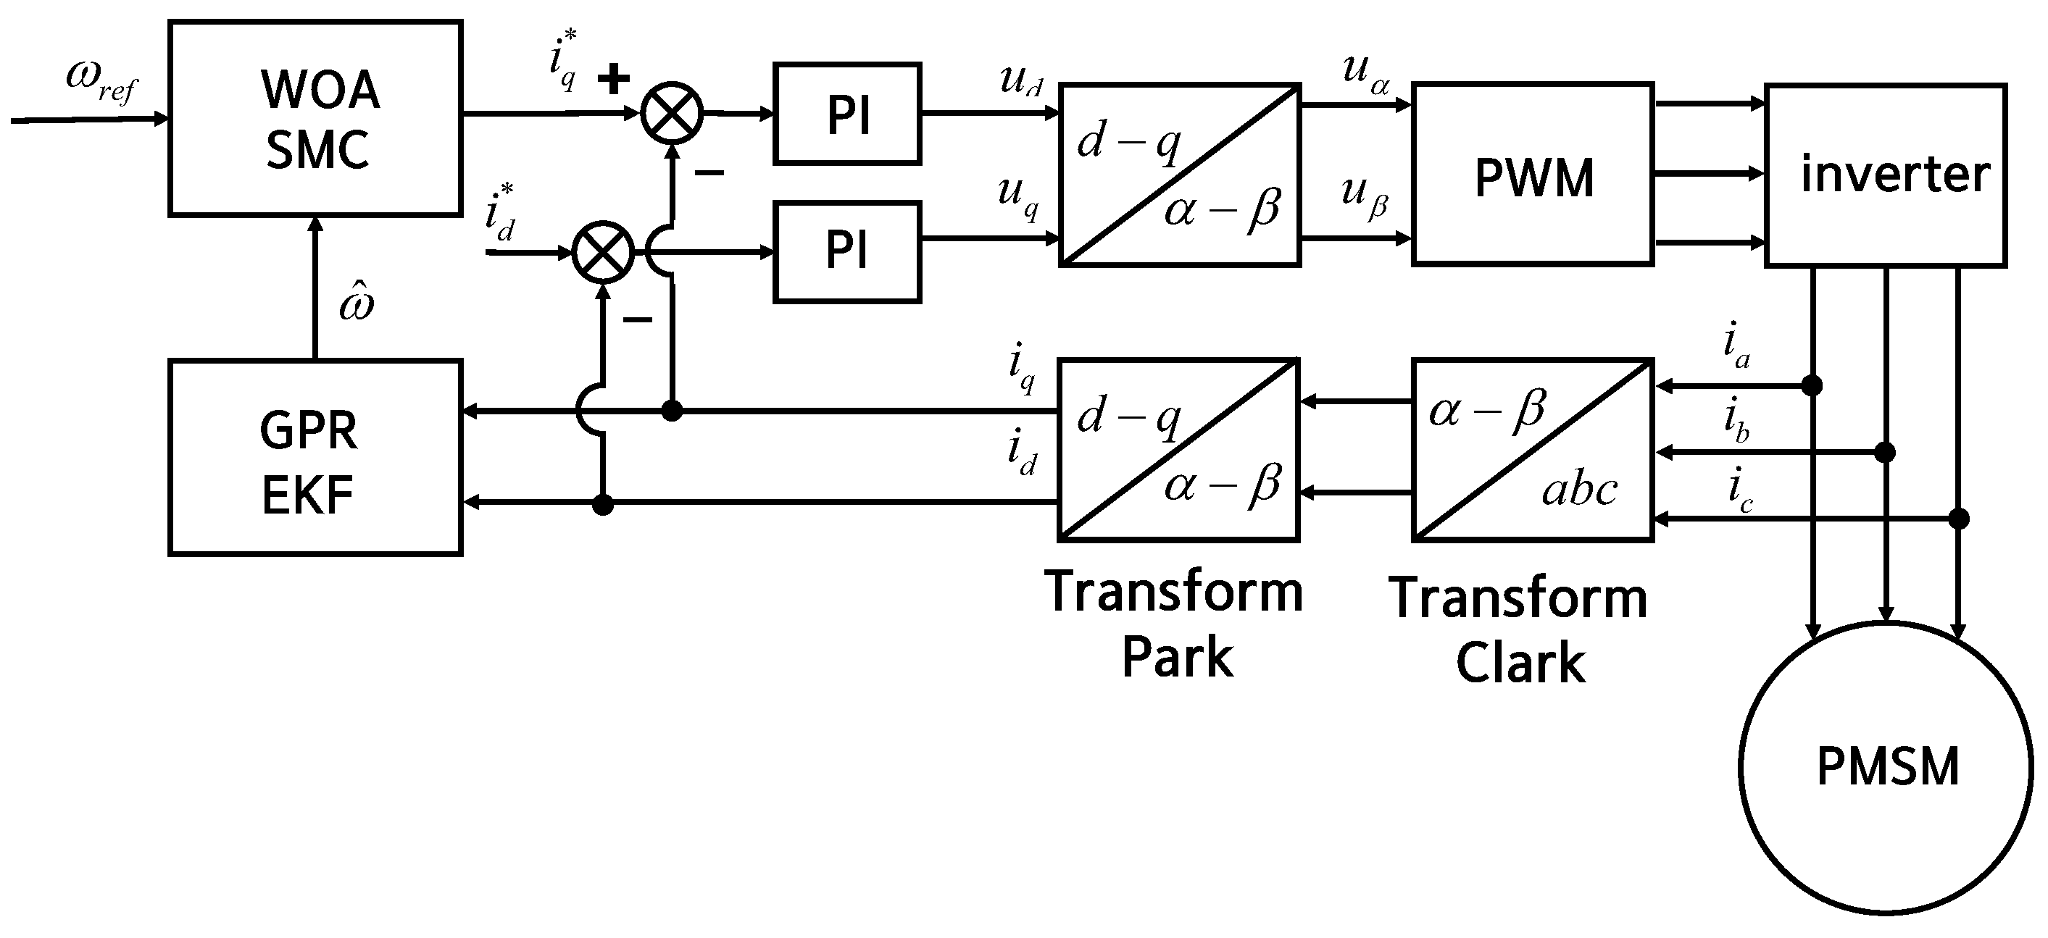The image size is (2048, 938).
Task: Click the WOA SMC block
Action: click(x=316, y=117)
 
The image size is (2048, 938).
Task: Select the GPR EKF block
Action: click(x=316, y=457)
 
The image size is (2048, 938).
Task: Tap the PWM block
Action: click(x=1533, y=174)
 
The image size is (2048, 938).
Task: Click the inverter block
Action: click(x=1886, y=175)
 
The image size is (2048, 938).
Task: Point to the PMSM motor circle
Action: click(x=1886, y=767)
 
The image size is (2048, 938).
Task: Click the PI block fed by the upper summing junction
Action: click(x=847, y=114)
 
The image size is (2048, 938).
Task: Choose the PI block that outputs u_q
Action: click(x=847, y=252)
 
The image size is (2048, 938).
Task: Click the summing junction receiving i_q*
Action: click(x=673, y=113)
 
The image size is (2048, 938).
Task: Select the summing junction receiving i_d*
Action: click(x=604, y=252)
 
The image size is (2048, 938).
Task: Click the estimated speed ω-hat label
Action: click(x=355, y=302)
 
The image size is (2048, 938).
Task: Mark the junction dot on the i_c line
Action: click(x=1959, y=519)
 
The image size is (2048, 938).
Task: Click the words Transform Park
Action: click(x=1174, y=625)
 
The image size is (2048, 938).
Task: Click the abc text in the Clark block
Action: click(x=1579, y=490)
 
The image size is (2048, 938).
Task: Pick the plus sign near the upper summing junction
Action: click(x=614, y=79)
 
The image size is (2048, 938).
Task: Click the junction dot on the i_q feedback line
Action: click(x=673, y=411)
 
